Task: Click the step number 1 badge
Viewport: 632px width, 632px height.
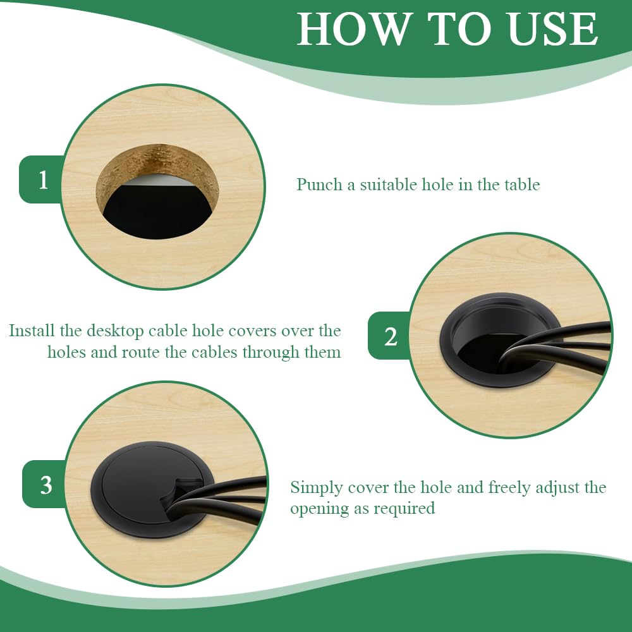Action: tap(41, 179)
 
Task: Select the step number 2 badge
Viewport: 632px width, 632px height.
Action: tap(389, 336)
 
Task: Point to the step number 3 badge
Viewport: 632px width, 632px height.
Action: tap(44, 485)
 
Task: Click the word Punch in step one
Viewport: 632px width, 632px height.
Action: tap(320, 185)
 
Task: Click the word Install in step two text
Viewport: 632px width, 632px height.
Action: tap(32, 331)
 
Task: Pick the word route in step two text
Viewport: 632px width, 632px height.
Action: tap(141, 352)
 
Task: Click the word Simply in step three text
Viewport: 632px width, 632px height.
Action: tap(317, 488)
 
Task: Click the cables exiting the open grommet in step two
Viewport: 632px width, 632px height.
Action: tap(560, 346)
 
